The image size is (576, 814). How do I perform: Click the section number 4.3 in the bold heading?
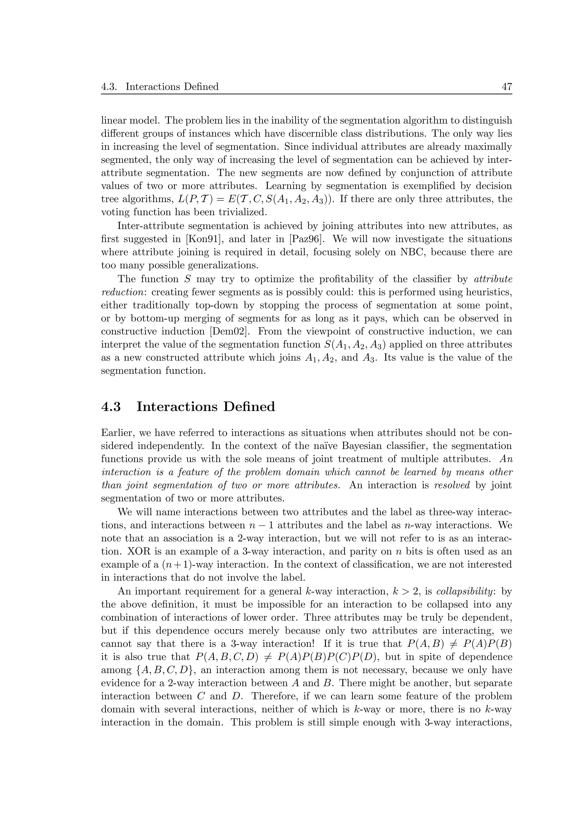[x=111, y=407]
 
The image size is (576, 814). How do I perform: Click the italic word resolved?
[x=452, y=485]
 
